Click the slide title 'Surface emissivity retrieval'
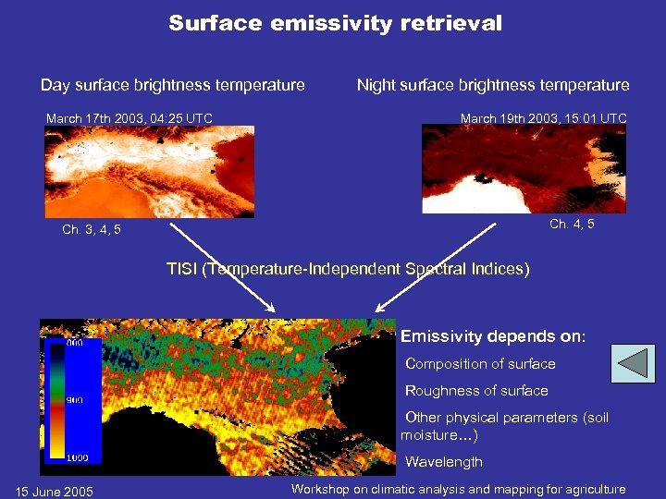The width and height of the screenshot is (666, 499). [335, 23]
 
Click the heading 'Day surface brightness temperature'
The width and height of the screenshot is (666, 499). [172, 85]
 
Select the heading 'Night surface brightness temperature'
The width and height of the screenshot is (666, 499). [493, 85]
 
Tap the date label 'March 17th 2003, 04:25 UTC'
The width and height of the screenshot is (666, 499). [129, 117]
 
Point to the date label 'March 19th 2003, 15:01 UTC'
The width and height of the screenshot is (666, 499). [543, 117]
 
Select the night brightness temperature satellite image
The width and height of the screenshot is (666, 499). [523, 168]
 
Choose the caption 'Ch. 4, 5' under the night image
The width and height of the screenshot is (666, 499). [572, 224]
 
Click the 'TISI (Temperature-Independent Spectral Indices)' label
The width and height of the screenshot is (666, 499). [348, 269]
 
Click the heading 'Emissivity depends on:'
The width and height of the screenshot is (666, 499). [492, 336]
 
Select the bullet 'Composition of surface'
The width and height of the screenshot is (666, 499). [480, 364]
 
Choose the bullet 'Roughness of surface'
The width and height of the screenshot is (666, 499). [476, 391]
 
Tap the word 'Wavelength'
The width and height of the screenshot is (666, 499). [444, 462]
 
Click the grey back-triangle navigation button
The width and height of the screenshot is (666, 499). [635, 363]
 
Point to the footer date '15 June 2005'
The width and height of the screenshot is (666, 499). [55, 491]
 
